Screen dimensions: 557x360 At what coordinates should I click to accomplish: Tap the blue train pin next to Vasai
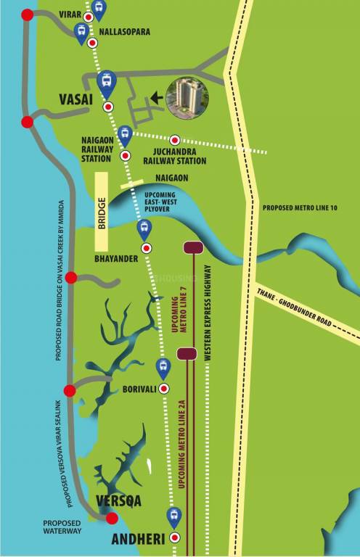click(x=107, y=82)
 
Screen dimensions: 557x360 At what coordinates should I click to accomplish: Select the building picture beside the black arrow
click(x=187, y=98)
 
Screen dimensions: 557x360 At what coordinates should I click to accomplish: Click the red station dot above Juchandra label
click(x=174, y=140)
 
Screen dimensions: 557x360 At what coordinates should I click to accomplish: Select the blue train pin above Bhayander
click(x=144, y=229)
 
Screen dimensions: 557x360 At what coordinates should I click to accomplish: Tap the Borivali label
click(x=136, y=389)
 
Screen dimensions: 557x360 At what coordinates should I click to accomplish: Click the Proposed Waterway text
click(x=61, y=527)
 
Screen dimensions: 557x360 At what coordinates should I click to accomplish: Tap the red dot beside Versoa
click(x=112, y=518)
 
